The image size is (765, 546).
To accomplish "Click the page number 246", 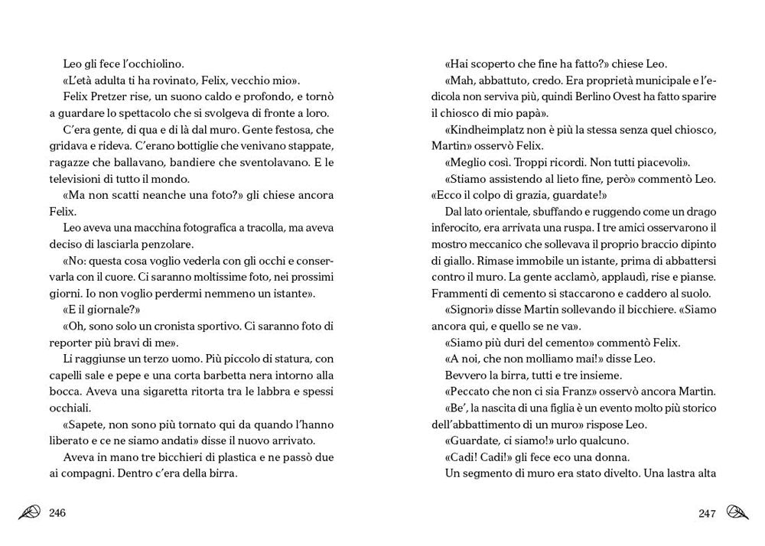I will coord(57,512).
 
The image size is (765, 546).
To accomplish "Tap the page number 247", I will coord(707,512).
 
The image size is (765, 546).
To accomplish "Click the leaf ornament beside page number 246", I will coord(31,512).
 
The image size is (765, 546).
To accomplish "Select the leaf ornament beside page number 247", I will coord(737,512).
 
